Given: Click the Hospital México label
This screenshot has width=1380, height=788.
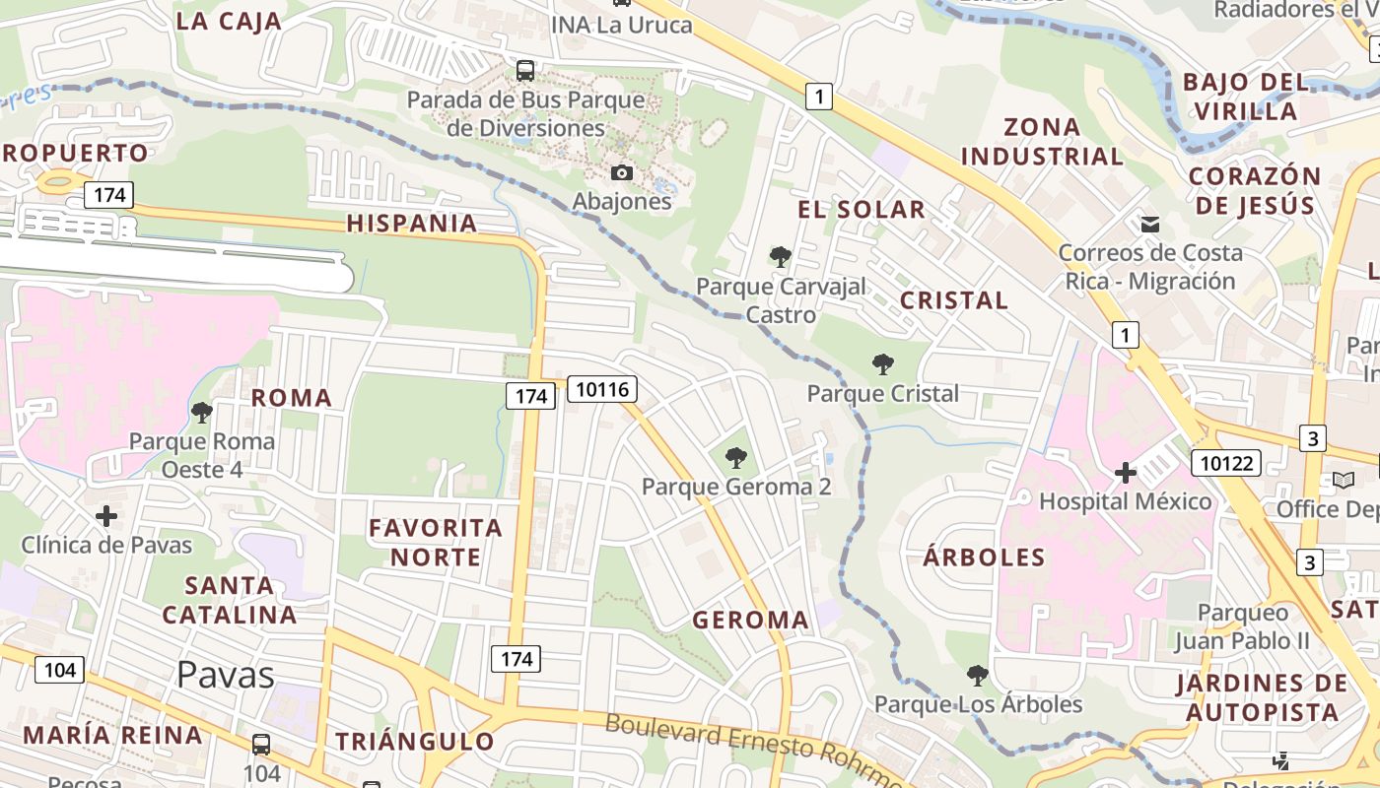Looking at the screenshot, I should pyautogui.click(x=1125, y=501).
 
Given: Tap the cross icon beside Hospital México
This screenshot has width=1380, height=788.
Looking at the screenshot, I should pyautogui.click(x=1126, y=474).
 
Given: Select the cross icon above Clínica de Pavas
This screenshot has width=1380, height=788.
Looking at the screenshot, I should pyautogui.click(x=106, y=516).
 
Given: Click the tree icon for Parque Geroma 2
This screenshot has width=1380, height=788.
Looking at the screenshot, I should pyautogui.click(x=735, y=458).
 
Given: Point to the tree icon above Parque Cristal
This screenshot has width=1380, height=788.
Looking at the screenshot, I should pyautogui.click(x=883, y=365).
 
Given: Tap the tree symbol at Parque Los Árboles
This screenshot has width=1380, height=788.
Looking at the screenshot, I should pyautogui.click(x=977, y=676).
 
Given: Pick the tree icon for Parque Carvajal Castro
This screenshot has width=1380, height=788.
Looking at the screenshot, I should pyautogui.click(x=781, y=258).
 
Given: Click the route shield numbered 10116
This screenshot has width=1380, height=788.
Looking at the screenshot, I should pyautogui.click(x=602, y=389).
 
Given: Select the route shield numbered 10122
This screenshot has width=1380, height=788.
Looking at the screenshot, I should pyautogui.click(x=1226, y=462).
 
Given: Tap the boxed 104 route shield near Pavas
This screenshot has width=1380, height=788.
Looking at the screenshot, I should pyautogui.click(x=60, y=670).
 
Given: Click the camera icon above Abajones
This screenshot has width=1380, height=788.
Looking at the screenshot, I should pyautogui.click(x=622, y=173).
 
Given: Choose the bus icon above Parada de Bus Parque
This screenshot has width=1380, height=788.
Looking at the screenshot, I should pyautogui.click(x=525, y=71).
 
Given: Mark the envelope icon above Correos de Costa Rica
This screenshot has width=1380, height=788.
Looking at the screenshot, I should pyautogui.click(x=1149, y=225).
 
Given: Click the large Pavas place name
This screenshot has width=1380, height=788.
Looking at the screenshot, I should pyautogui.click(x=226, y=675).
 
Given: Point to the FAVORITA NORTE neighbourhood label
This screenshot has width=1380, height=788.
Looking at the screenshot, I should pyautogui.click(x=436, y=542).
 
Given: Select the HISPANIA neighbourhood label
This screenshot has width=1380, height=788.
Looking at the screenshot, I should pyautogui.click(x=412, y=224).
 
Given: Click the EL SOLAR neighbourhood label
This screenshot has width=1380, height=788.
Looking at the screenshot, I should pyautogui.click(x=861, y=209).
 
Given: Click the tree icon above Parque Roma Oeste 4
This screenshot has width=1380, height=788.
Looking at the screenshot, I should pyautogui.click(x=202, y=413).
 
